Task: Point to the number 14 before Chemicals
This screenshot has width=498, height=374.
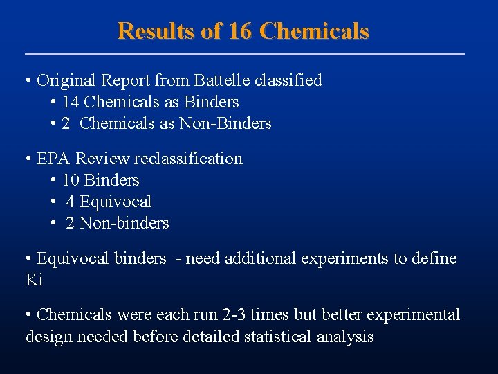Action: [71, 103]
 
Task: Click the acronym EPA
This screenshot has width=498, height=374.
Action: [53, 159]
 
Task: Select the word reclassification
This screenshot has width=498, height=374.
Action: [188, 159]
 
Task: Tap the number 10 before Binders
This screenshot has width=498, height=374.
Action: [71, 181]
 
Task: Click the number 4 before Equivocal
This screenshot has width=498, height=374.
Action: [71, 202]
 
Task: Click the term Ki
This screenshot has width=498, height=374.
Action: [34, 280]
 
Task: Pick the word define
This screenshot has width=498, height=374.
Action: [435, 258]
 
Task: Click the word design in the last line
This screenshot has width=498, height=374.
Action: [46, 337]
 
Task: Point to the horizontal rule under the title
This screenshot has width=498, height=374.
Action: [245, 54]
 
